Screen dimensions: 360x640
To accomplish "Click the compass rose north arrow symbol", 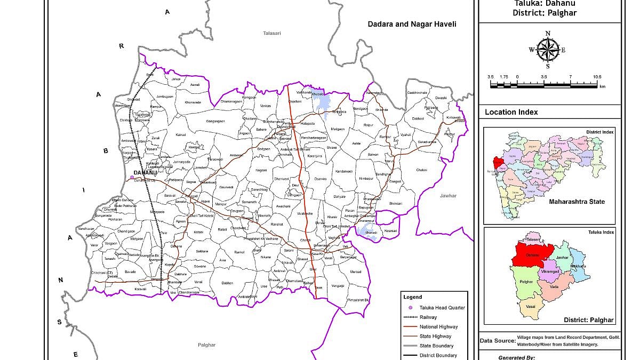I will [548, 50].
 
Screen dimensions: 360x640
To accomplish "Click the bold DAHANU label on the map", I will [146, 173].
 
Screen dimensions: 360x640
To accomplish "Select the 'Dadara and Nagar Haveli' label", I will [412, 24].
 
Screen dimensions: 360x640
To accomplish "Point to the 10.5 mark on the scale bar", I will [597, 77].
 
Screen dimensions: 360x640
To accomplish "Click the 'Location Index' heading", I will [511, 112].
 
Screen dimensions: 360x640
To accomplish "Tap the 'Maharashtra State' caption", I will [577, 202].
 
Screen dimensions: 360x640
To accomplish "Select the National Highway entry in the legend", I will [438, 326].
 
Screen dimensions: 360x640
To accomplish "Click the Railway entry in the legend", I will [428, 317].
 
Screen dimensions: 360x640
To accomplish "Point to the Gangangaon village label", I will [215, 121].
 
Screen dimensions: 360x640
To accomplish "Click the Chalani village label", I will [421, 170].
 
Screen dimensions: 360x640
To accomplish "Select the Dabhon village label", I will [228, 283].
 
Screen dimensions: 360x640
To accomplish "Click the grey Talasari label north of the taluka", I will [271, 33].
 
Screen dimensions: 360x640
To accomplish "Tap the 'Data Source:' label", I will [497, 340].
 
